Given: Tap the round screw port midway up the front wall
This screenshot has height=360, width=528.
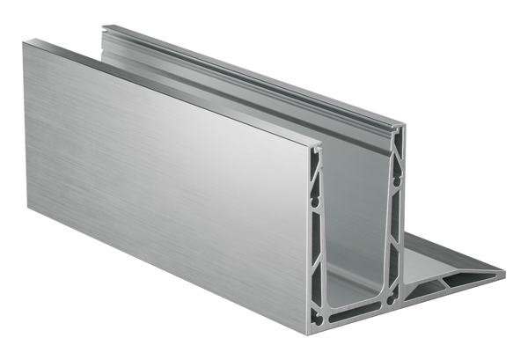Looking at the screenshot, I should click(318, 226).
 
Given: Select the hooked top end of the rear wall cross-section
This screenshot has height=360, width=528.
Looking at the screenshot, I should click(400, 130).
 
